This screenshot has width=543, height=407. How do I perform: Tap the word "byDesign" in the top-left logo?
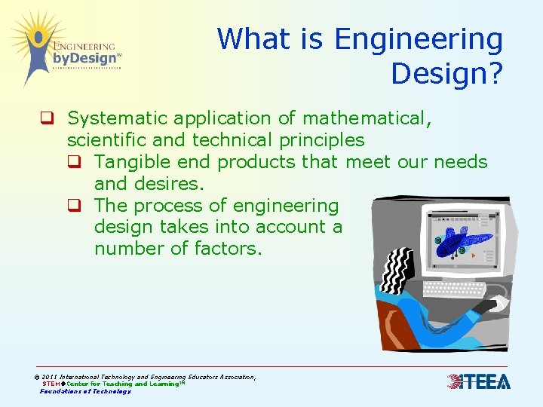84,58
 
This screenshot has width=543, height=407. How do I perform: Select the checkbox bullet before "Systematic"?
46,118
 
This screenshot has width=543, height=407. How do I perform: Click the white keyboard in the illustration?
455,289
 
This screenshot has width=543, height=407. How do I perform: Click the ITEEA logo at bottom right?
478,382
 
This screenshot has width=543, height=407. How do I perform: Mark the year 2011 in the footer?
50,377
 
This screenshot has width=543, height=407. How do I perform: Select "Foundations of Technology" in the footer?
85,391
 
